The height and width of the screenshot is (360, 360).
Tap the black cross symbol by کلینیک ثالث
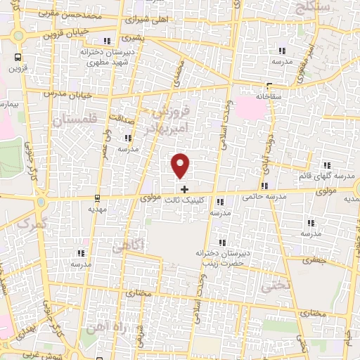(184, 189)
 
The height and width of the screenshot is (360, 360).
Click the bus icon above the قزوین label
(16, 58)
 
